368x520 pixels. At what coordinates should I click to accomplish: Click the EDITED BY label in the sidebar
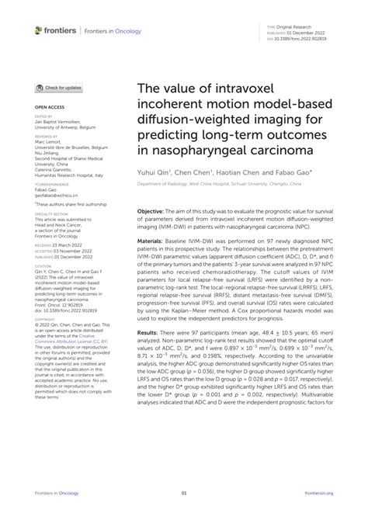44,117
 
